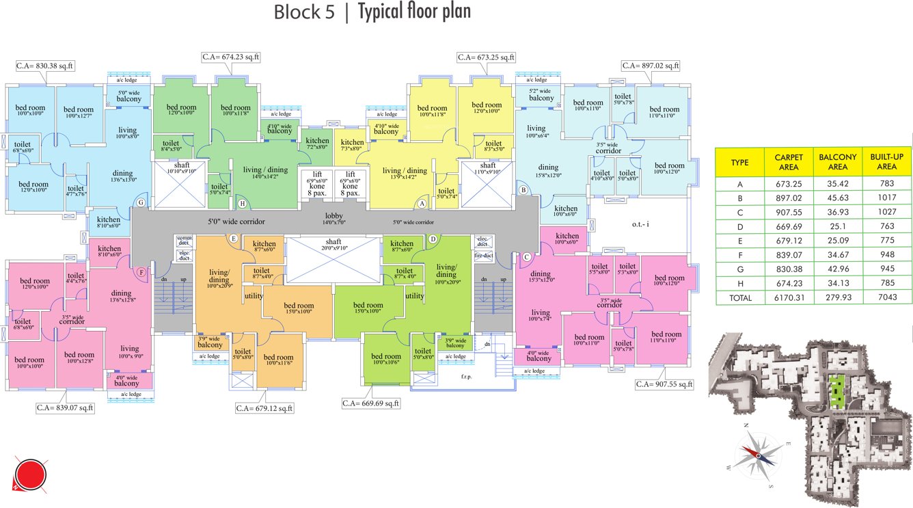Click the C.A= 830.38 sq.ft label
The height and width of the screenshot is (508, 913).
click(x=45, y=66)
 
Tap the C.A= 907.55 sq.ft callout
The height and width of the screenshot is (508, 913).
click(x=664, y=384)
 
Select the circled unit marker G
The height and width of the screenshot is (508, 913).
click(x=141, y=202)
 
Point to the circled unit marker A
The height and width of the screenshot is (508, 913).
click(x=422, y=203)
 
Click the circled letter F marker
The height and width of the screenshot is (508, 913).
click(x=141, y=272)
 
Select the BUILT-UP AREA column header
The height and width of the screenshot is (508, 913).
click(x=887, y=162)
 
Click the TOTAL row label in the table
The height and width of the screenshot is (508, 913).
click(x=740, y=297)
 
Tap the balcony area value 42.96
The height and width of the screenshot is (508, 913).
click(x=834, y=269)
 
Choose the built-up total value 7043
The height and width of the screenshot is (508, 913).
click(x=886, y=297)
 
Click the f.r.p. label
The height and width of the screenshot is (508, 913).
click(x=467, y=377)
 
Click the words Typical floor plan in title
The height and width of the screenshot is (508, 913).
click(x=414, y=12)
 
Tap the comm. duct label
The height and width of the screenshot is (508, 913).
click(x=184, y=240)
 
